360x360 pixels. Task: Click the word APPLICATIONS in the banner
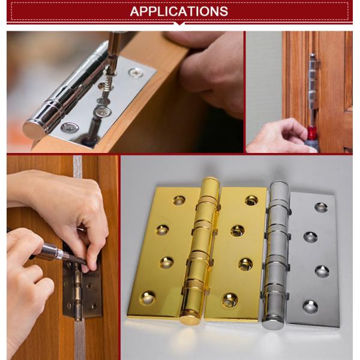179,11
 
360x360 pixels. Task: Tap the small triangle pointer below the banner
179,25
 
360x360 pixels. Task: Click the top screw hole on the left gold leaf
178,200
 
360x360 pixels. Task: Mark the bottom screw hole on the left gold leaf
147,298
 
